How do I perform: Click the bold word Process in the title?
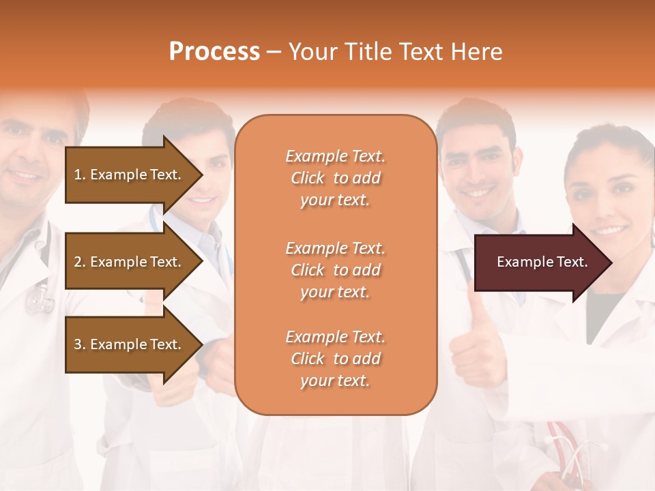coord(214,51)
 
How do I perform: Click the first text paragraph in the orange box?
coord(336,178)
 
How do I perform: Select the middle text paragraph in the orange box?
coord(336,270)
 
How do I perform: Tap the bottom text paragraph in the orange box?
coord(336,359)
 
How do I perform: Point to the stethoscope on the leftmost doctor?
coord(40,297)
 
